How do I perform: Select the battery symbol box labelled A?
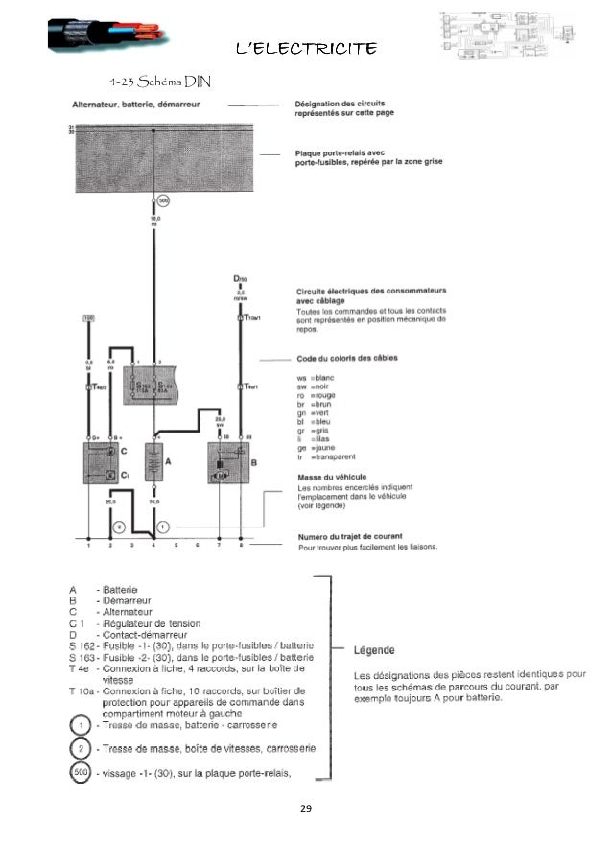point(153,464)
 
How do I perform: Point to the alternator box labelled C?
point(109,463)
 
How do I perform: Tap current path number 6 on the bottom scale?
point(197,545)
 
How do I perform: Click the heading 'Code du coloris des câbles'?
point(347,359)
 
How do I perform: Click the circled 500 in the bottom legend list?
point(83,774)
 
